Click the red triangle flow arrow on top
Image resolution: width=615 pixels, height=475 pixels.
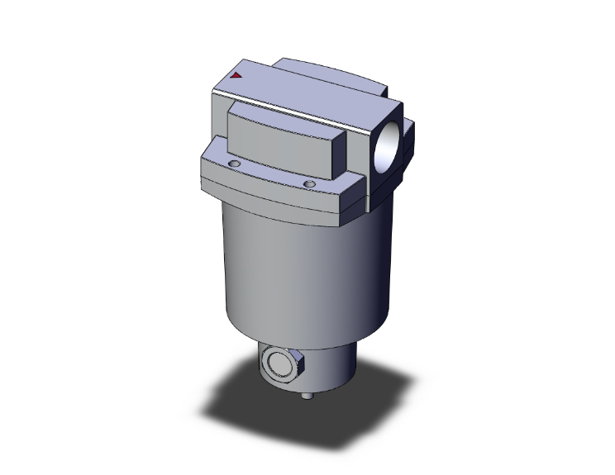click(x=236, y=75)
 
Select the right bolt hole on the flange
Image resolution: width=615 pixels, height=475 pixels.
click(x=309, y=183)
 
